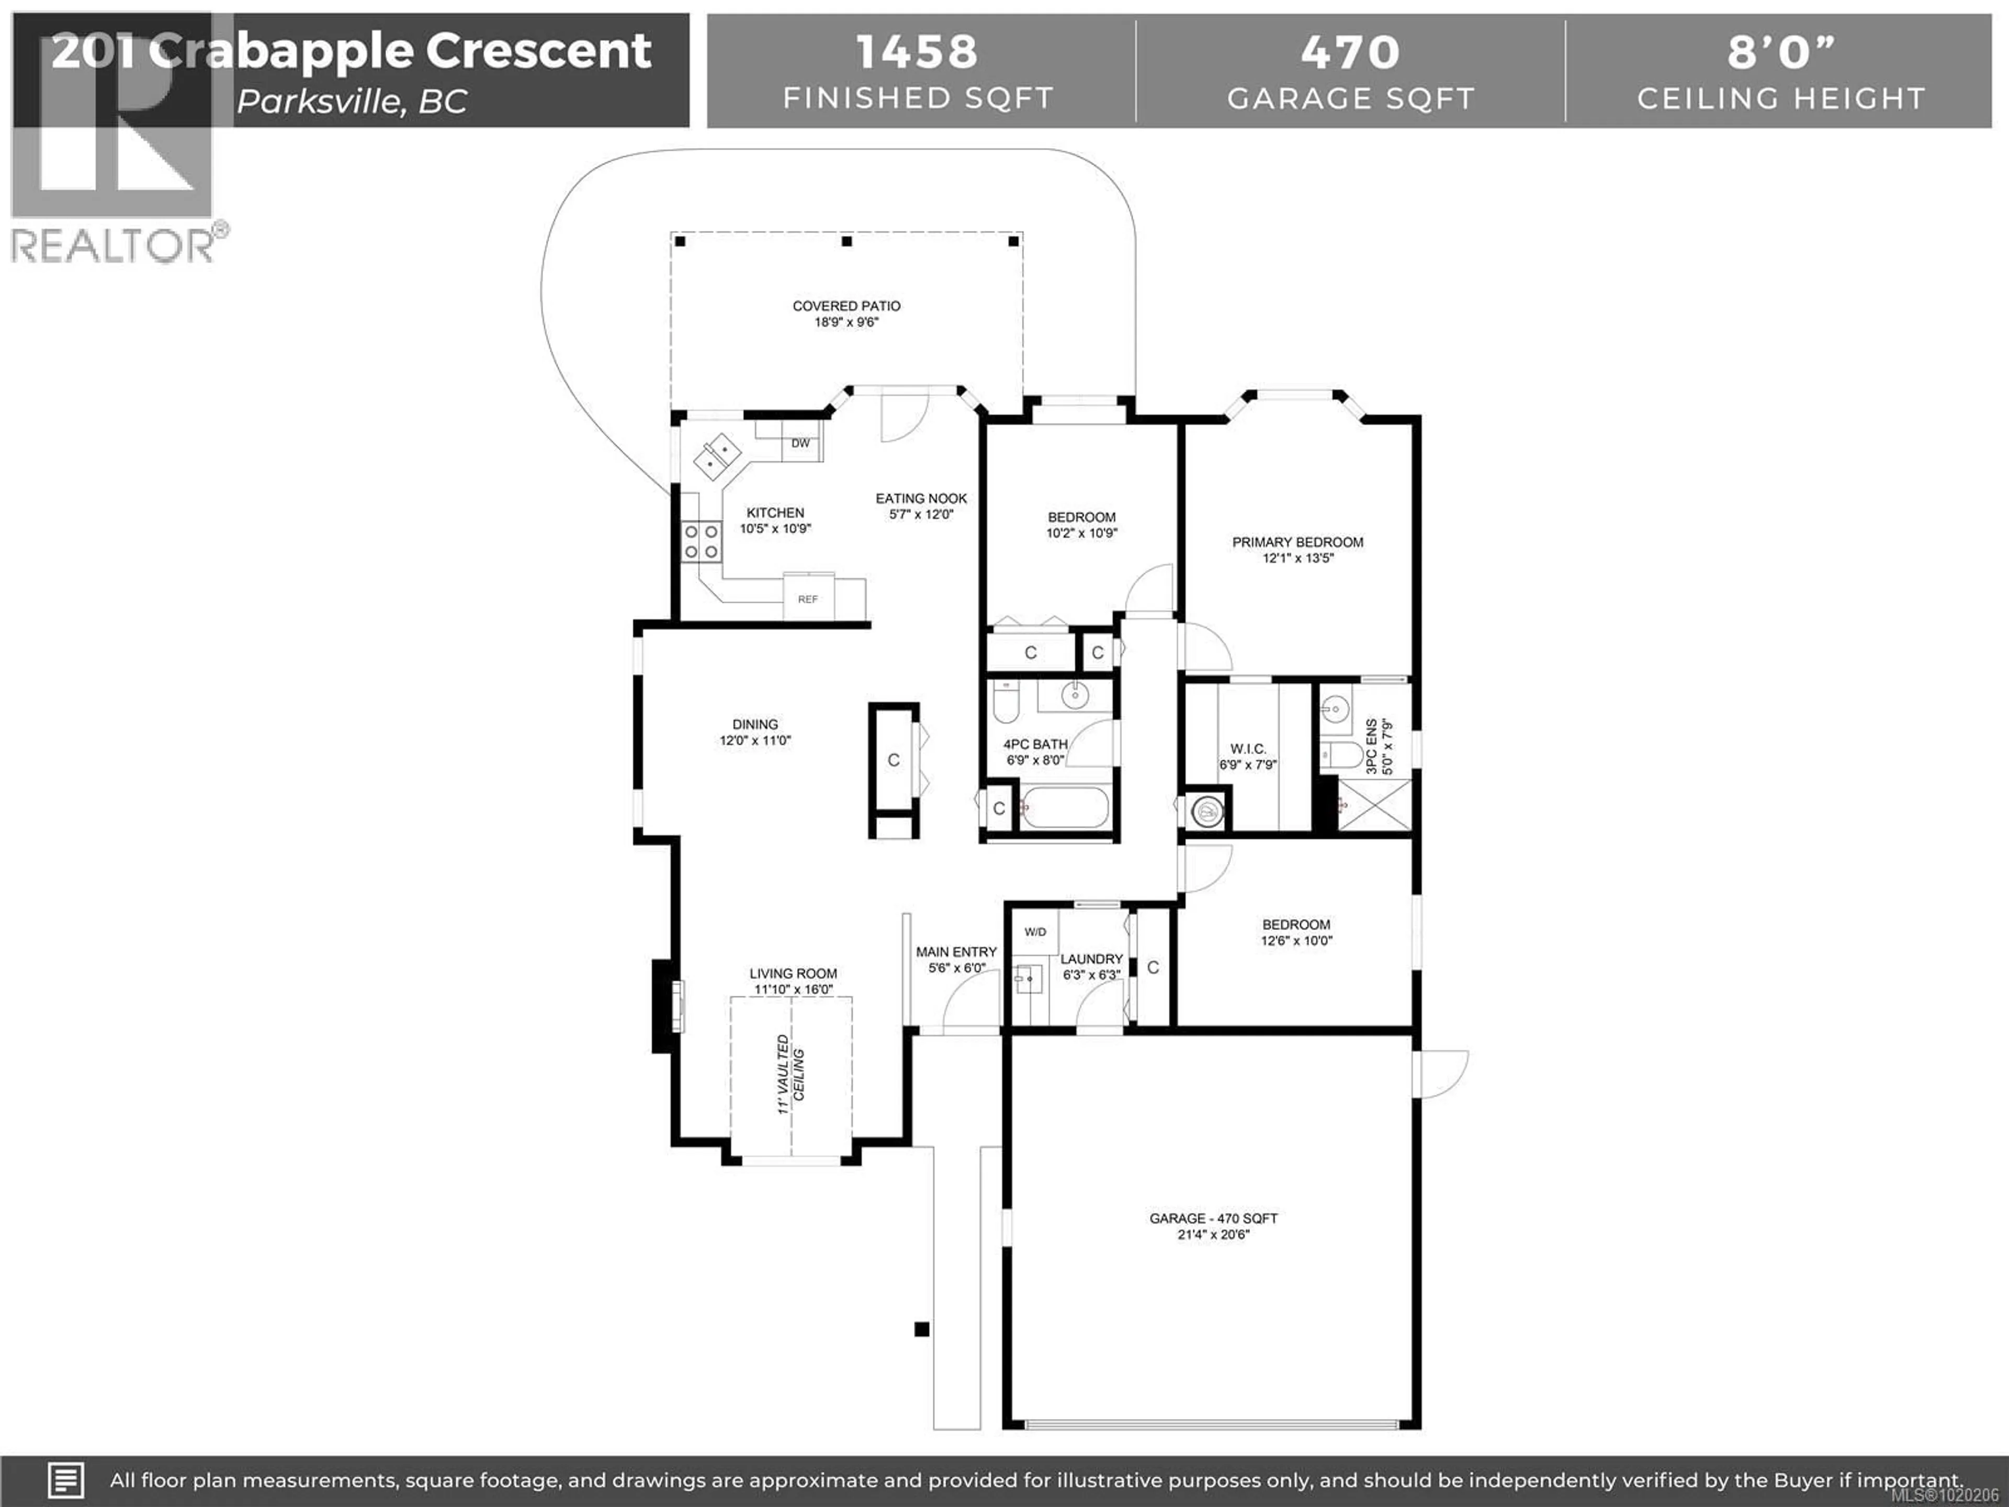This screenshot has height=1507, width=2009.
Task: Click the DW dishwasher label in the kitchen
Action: click(x=800, y=443)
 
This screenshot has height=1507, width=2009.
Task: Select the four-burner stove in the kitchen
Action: click(x=701, y=542)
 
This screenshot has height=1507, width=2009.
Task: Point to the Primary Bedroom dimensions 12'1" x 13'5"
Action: click(x=1298, y=558)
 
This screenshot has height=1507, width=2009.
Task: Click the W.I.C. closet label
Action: click(x=1248, y=748)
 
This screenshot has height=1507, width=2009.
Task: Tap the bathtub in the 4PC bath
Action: click(x=1065, y=807)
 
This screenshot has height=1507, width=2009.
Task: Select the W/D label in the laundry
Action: click(x=1035, y=932)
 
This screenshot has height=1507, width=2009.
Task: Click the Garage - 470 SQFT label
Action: click(x=1213, y=1218)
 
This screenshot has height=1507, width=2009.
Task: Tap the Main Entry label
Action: click(x=956, y=952)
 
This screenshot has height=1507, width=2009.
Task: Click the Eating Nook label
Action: click(x=921, y=499)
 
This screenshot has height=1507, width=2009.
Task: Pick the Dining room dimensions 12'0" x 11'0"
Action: click(x=755, y=740)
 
